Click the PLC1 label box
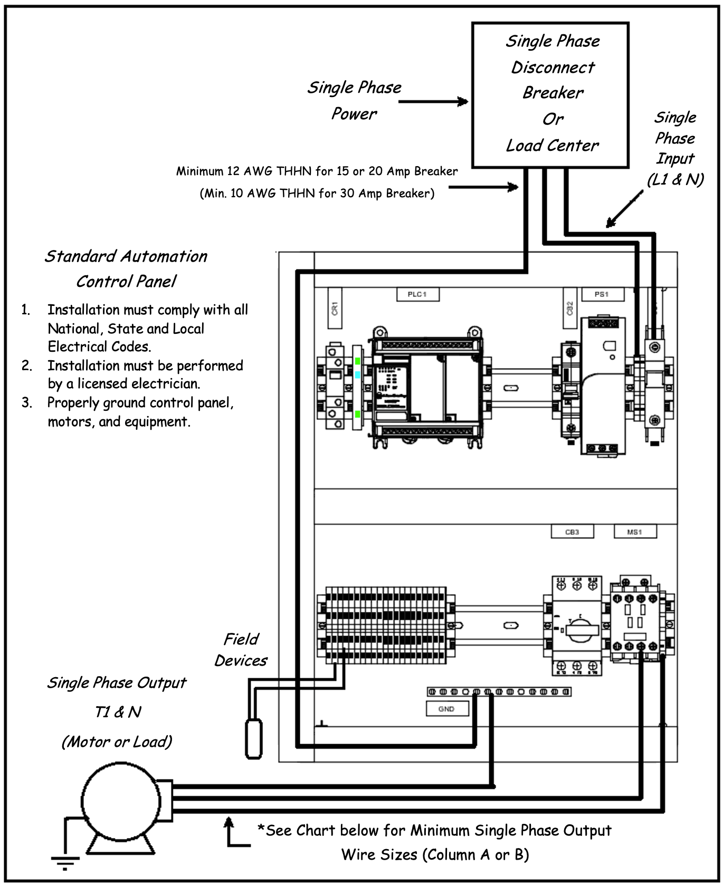point(417,294)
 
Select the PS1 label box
point(602,294)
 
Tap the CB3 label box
point(572,532)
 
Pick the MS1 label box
point(635,532)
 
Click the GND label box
point(446,709)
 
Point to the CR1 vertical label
point(335,308)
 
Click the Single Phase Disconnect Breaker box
point(550,95)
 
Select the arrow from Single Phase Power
point(433,101)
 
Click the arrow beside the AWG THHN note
point(483,187)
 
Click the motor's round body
point(121,801)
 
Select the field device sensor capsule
point(254,738)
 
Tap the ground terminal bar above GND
point(499,691)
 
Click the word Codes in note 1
point(132,346)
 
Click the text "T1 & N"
point(118,712)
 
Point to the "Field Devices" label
point(241,650)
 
